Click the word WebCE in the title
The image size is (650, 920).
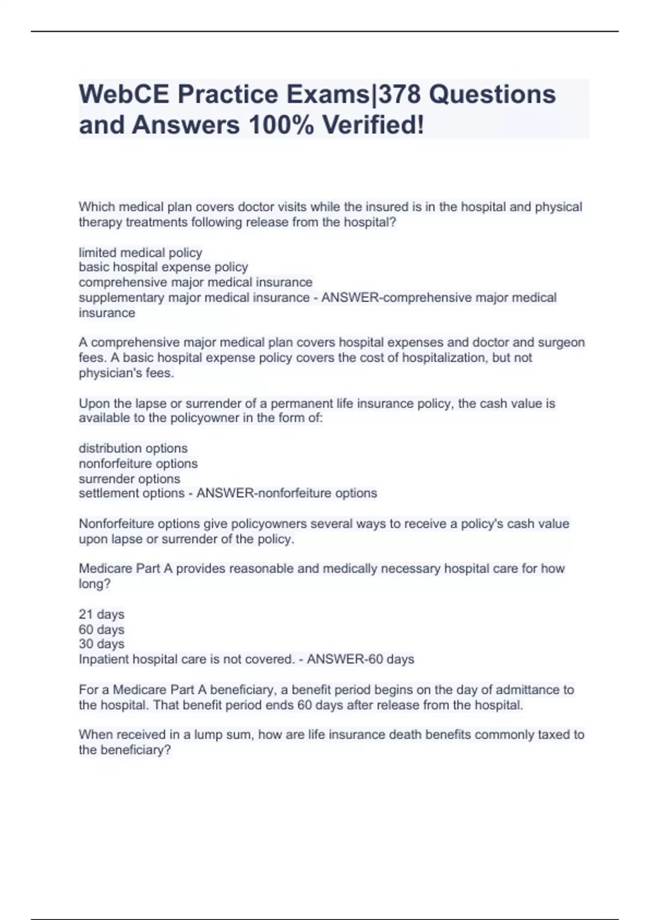click(123, 94)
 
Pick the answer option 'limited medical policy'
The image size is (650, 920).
click(140, 253)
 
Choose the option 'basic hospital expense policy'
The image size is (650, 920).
click(163, 267)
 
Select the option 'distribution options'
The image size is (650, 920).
click(133, 449)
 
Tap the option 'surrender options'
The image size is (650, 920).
click(129, 479)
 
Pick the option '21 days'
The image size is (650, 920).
click(101, 615)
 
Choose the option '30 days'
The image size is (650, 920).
click(101, 644)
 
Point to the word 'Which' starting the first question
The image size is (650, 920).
click(96, 207)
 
